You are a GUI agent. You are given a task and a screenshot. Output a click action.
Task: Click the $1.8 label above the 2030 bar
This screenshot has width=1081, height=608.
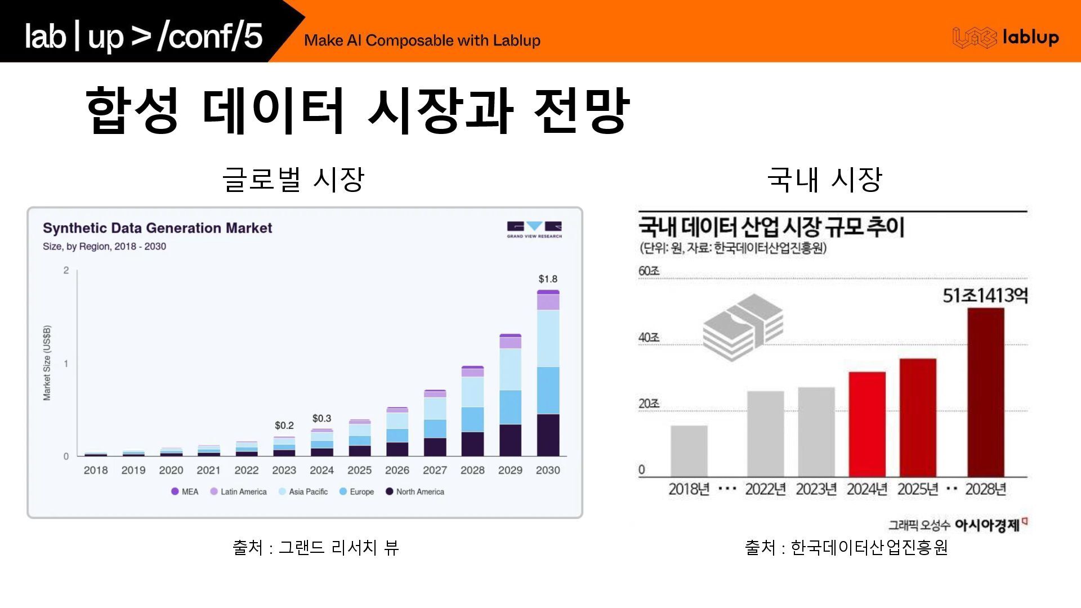coord(547,279)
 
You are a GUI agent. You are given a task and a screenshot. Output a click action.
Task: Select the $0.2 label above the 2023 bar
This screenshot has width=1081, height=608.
coord(284,425)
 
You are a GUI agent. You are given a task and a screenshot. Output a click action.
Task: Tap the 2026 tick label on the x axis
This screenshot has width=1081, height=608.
coord(397,470)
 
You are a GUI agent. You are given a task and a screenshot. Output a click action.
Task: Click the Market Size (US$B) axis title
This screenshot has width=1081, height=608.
coord(47,363)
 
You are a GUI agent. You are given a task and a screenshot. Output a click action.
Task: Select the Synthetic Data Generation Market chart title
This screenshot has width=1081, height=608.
coord(157,228)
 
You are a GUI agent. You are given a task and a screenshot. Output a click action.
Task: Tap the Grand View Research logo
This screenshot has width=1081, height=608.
coord(534,229)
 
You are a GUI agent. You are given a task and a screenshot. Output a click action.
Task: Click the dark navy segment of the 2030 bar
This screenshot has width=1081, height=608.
coord(548,435)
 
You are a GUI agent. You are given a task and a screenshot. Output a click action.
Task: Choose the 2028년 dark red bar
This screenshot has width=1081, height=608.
coord(985,392)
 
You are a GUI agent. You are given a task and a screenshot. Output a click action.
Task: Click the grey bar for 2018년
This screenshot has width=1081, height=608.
coord(689,450)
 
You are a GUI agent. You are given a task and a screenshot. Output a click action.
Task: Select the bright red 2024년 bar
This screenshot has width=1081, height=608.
coord(867,423)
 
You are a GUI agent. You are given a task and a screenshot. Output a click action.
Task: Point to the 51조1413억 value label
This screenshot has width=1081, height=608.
coord(985,295)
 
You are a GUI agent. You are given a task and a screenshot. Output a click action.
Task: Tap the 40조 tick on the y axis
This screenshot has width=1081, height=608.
coord(649,337)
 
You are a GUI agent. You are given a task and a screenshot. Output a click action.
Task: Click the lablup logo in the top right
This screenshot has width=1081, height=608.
coord(1006,37)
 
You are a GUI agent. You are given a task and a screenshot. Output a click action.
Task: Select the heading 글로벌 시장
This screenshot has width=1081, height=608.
coord(293,180)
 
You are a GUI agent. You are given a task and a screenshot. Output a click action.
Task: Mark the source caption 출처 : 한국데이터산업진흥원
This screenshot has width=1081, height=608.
coord(846,547)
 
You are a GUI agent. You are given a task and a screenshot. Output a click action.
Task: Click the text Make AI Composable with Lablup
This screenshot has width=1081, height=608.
coord(422,41)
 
